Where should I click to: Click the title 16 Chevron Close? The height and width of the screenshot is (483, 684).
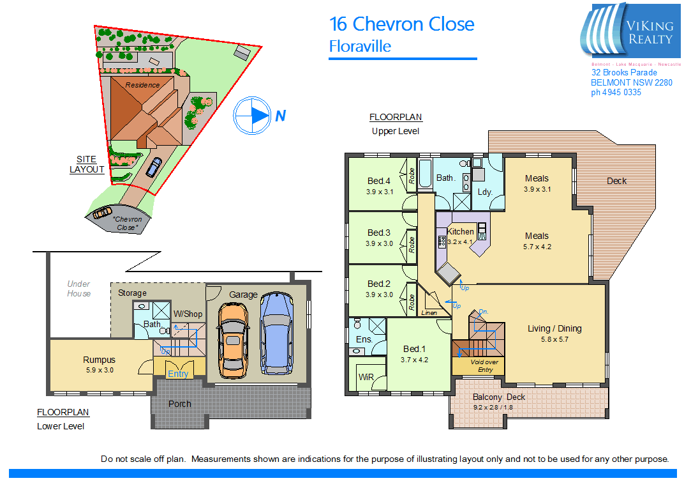[x=401, y=24]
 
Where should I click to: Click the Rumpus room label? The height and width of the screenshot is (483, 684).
[x=99, y=360]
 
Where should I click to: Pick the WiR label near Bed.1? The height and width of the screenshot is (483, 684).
[x=366, y=377]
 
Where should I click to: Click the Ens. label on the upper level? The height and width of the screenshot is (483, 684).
[x=364, y=339]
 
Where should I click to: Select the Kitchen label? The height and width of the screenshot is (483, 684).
[x=461, y=231]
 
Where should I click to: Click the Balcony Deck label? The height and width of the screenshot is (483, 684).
[x=499, y=397]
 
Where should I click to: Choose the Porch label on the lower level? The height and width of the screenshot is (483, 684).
[x=180, y=404]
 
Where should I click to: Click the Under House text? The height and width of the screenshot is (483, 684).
[x=79, y=289]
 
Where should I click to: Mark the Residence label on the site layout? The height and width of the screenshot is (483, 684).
[x=142, y=85]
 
